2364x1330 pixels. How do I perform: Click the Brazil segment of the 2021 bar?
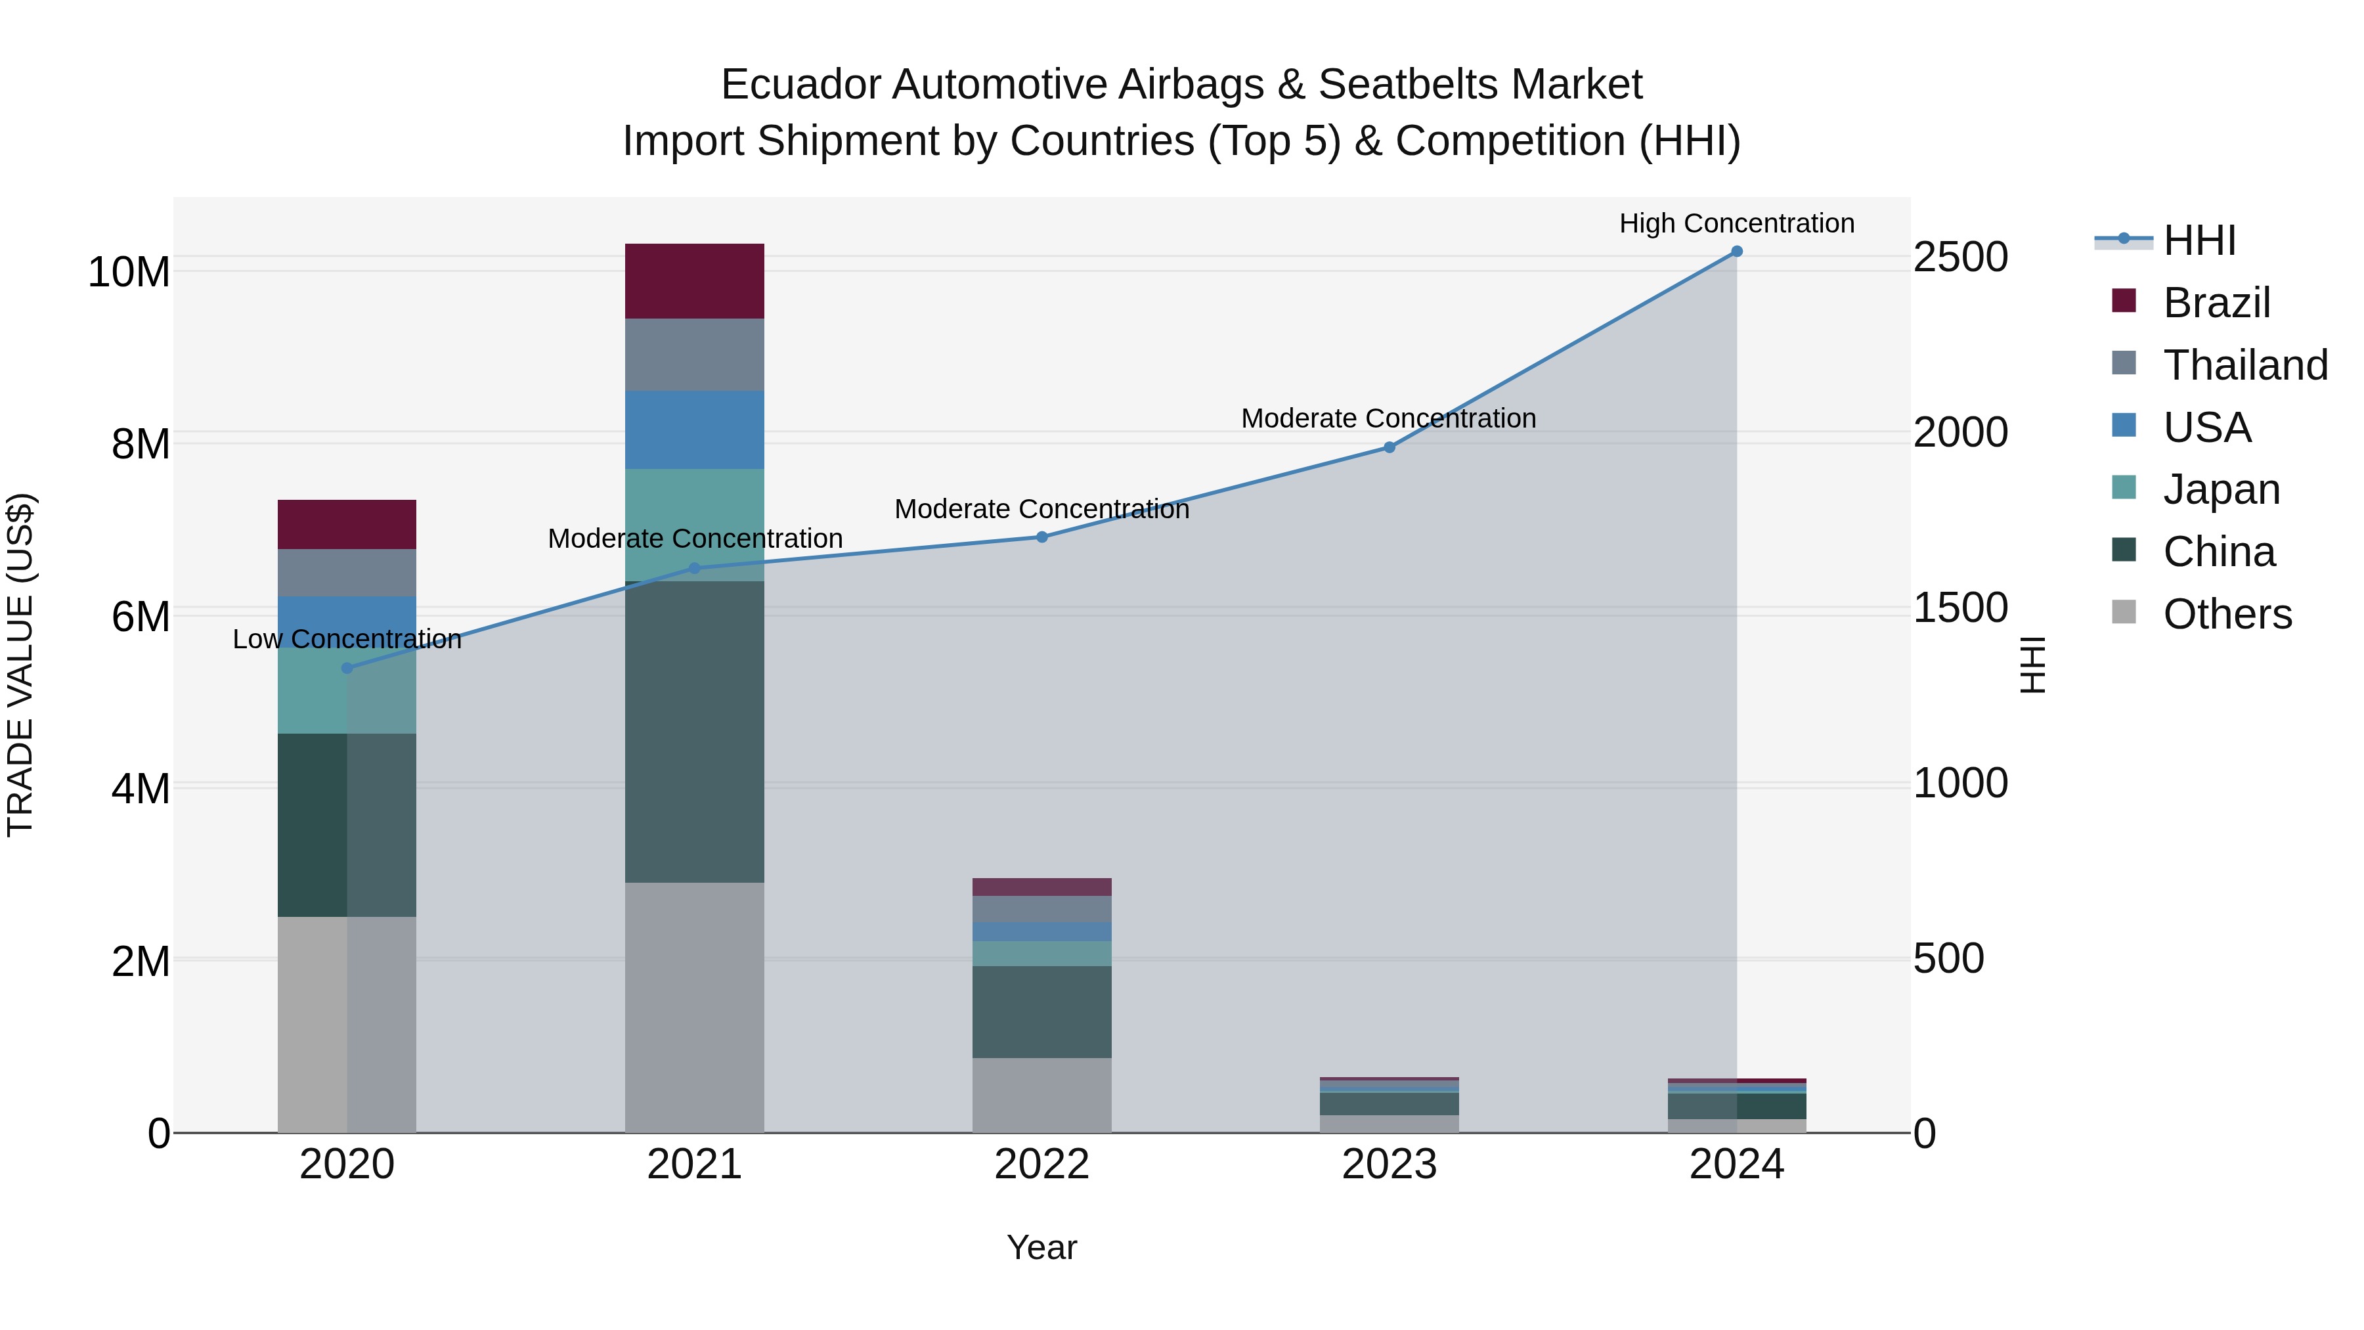coord(694,281)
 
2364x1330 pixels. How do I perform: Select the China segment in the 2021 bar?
coord(694,732)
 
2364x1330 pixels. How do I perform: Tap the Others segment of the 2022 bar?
coord(1041,1095)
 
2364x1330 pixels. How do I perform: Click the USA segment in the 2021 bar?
coord(694,430)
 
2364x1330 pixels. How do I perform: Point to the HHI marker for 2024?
coord(1736,252)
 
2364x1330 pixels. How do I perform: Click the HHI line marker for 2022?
coord(1041,537)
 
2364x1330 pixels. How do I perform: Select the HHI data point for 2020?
coord(347,668)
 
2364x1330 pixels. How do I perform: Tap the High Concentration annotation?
coord(1736,223)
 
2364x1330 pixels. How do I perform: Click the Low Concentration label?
coord(347,639)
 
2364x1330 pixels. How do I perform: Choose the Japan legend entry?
coord(2221,489)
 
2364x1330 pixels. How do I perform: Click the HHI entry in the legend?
coord(2199,240)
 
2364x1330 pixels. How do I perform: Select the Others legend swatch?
coord(2124,612)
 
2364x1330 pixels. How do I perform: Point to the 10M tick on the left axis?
coord(129,273)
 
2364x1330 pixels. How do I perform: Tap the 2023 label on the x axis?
coord(1388,1164)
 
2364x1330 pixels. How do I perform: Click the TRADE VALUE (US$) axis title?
coord(20,665)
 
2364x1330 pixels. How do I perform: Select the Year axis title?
coord(1041,1247)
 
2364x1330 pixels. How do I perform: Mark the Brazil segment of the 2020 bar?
coord(347,524)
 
